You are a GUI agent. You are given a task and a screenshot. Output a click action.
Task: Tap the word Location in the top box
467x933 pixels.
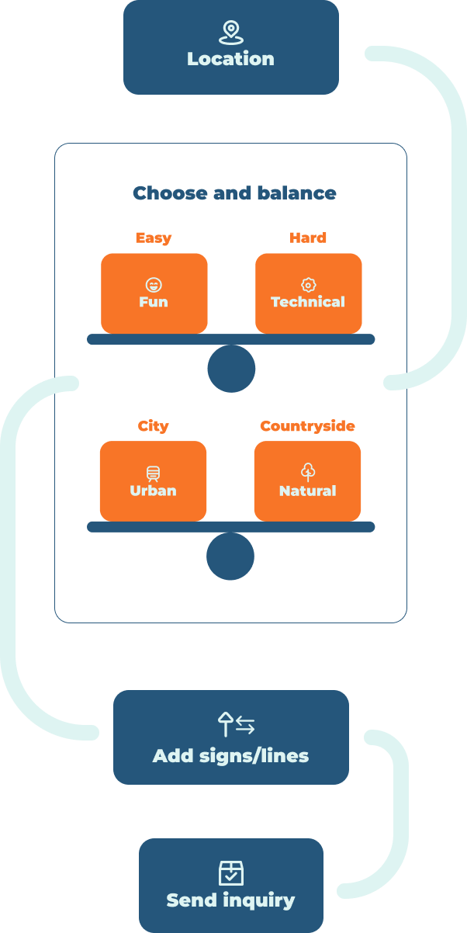click(230, 59)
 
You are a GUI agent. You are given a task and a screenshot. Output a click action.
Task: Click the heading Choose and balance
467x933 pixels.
click(234, 193)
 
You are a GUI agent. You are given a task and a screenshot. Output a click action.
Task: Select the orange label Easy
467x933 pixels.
click(154, 238)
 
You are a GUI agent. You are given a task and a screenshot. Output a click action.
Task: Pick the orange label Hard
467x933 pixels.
click(308, 238)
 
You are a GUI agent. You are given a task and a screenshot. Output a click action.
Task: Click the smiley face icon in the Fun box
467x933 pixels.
click(154, 285)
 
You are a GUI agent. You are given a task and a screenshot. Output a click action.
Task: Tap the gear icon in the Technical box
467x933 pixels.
click(308, 285)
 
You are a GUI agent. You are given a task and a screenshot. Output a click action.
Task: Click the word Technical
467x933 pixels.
click(308, 302)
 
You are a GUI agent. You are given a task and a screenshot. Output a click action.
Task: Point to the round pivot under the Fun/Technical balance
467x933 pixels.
click(231, 369)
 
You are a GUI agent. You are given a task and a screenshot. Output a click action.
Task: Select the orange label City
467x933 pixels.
click(153, 426)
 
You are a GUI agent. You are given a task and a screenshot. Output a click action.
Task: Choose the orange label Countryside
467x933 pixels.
click(307, 426)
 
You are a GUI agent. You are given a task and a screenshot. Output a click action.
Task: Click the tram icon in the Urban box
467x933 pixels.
click(153, 473)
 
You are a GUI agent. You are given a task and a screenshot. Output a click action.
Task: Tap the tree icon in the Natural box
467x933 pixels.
click(307, 472)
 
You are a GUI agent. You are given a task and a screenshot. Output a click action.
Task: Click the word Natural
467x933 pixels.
click(307, 491)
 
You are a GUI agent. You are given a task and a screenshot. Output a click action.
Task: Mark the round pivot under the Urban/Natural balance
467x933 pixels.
click(230, 557)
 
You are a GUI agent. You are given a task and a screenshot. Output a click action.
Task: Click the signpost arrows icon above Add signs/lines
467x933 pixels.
click(236, 725)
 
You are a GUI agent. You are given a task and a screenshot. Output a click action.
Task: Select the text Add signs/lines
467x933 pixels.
click(230, 756)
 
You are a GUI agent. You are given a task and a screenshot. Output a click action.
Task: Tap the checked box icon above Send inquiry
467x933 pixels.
click(230, 873)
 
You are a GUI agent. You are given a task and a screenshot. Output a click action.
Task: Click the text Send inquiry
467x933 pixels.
click(230, 900)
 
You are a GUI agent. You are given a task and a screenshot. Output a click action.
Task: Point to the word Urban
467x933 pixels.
click(153, 491)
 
